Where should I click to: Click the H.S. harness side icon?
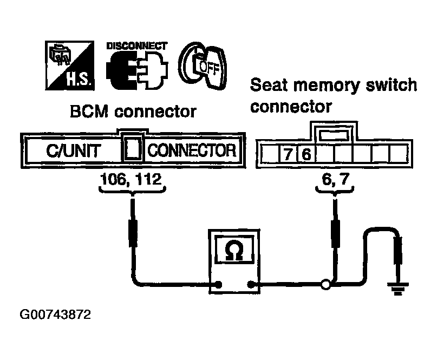70,66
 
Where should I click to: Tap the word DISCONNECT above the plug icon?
137,46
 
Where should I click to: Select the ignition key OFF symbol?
203,66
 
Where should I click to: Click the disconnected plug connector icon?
137,70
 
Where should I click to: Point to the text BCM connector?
133,112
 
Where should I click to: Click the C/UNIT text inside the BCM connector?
74,151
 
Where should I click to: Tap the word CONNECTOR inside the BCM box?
192,150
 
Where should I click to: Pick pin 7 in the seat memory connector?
288,154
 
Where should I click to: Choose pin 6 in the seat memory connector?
306,154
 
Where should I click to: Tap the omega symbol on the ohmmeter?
234,250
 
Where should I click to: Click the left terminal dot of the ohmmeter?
219,285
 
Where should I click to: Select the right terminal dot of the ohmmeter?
251,285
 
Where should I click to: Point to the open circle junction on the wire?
326,285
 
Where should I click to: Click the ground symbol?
397,289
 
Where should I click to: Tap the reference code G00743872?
55,315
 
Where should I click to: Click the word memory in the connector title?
327,86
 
